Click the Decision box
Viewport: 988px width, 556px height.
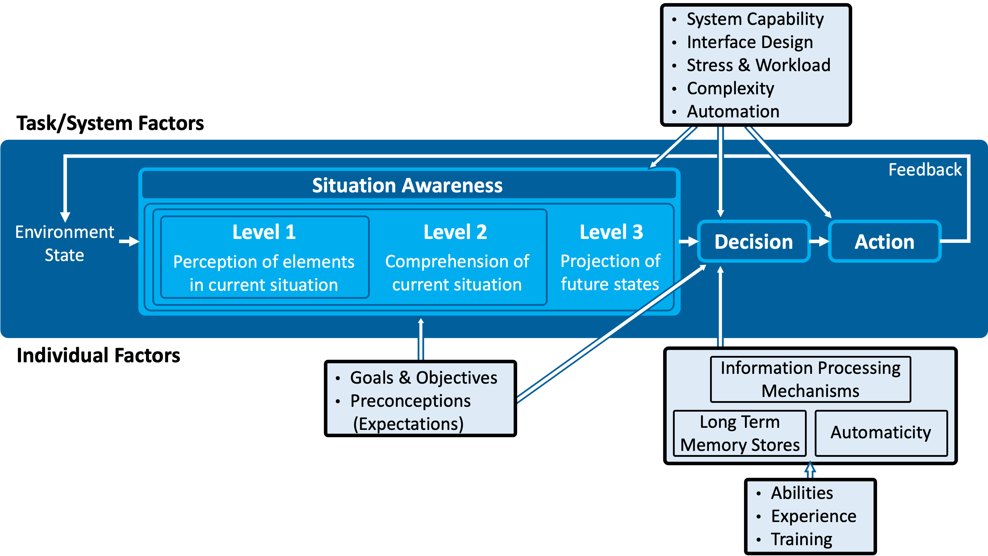[753, 242]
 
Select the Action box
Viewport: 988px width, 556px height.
[884, 242]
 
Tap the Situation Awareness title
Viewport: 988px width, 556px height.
[407, 185]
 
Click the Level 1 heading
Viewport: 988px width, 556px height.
[264, 232]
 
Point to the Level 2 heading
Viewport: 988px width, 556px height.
[455, 232]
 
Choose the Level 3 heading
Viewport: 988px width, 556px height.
[611, 232]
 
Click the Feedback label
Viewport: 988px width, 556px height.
[925, 170]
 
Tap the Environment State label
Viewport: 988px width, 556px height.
[64, 243]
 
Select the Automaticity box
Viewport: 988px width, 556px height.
[881, 432]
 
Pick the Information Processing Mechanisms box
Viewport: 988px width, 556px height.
[810, 379]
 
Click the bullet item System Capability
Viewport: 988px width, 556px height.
[755, 19]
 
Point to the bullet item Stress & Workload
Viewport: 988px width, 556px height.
[758, 65]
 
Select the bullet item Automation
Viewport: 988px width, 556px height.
[733, 112]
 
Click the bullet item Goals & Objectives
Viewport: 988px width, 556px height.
[423, 378]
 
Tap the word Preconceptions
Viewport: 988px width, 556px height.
[410, 401]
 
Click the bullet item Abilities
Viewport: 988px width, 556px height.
[802, 493]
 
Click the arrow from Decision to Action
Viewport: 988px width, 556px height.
[819, 242]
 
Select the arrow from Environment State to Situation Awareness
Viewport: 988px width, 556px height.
[129, 241]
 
